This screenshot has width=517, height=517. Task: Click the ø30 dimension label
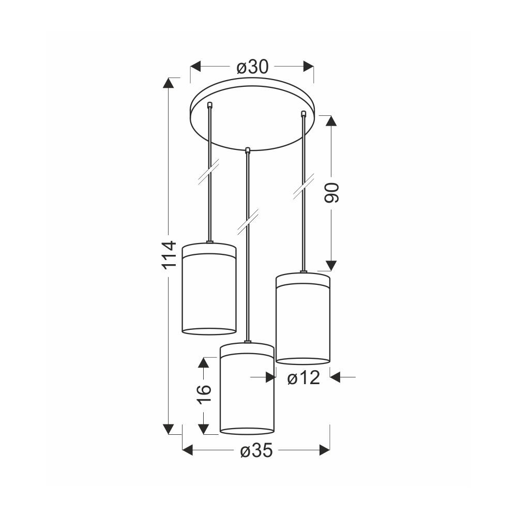[253, 67]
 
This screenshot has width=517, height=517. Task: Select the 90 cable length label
[331, 193]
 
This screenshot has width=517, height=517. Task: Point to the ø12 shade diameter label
[303, 377]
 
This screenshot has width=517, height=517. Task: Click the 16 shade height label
[204, 394]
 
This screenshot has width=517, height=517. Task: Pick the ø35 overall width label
[256, 451]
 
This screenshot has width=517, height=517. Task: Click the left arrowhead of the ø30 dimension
[195, 66]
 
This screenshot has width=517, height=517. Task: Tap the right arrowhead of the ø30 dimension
[308, 66]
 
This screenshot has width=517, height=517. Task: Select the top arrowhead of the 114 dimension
[169, 83]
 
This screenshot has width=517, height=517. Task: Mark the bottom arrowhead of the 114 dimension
[169, 429]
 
